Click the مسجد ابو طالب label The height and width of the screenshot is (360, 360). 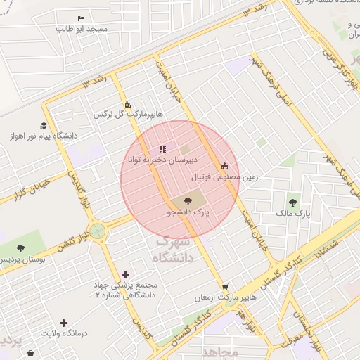pyautogui.click(x=83, y=30)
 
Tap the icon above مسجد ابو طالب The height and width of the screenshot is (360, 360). pyautogui.click(x=82, y=18)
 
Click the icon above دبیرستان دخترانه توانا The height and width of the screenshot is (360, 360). pyautogui.click(x=163, y=149)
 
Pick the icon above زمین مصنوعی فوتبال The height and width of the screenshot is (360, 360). pyautogui.click(x=224, y=167)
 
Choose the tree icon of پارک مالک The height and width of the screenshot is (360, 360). pyautogui.click(x=292, y=202)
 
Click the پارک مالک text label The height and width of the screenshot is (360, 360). pyautogui.click(x=294, y=212)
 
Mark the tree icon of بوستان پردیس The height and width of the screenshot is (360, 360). pyautogui.click(x=20, y=248)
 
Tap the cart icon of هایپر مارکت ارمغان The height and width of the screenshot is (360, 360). pyautogui.click(x=224, y=287)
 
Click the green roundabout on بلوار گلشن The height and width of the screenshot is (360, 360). pyautogui.click(x=98, y=231)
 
